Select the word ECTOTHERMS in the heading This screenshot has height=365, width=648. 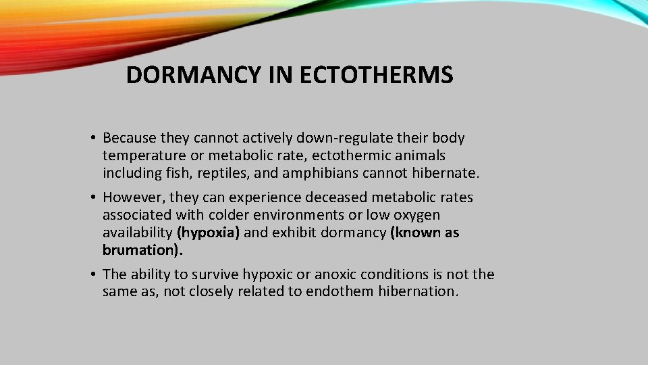point(376,76)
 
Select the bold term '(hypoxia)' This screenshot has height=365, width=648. point(208,233)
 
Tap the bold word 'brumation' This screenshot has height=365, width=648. point(140,250)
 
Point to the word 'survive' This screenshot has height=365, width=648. point(217,274)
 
